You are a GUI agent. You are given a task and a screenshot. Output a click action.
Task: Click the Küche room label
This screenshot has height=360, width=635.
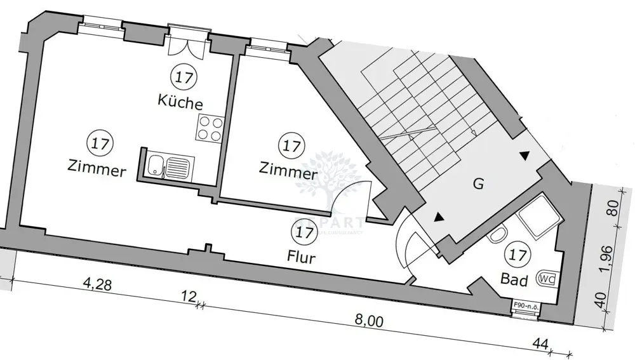[x=180, y=102]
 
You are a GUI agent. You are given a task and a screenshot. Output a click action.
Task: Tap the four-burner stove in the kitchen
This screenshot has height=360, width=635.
[x=210, y=128]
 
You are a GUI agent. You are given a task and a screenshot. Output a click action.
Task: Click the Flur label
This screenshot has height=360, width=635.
[x=300, y=257]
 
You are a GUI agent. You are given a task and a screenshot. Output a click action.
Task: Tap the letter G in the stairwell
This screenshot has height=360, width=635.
[x=479, y=185]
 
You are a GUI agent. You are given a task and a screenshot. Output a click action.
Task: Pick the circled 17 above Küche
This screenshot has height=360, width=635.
[x=184, y=77]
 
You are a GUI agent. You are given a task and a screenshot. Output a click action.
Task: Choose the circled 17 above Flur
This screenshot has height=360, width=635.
[x=305, y=232]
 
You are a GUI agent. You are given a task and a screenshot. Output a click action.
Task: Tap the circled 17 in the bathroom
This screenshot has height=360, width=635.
[x=518, y=256]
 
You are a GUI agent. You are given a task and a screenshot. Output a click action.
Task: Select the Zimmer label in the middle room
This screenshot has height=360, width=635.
[x=288, y=170]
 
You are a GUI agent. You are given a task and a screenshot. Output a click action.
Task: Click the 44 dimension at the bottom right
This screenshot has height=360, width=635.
[x=541, y=343]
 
